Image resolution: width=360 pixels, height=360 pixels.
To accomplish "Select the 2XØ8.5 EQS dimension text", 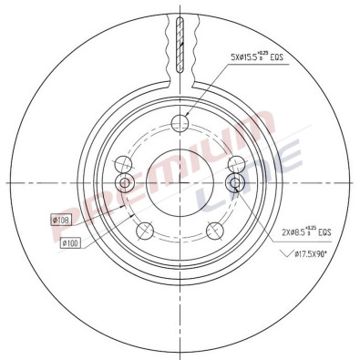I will tap(293, 232).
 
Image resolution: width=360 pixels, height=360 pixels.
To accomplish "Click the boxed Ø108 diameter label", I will tap(64, 220).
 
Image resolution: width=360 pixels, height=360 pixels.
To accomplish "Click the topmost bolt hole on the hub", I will tap(180, 125).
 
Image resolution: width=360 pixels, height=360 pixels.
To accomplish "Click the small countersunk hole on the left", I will tap(127, 187).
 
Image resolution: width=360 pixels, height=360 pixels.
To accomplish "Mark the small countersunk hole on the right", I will tap(233, 187).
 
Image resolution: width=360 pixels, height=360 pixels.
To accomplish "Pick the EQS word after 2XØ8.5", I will tap(324, 231).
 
